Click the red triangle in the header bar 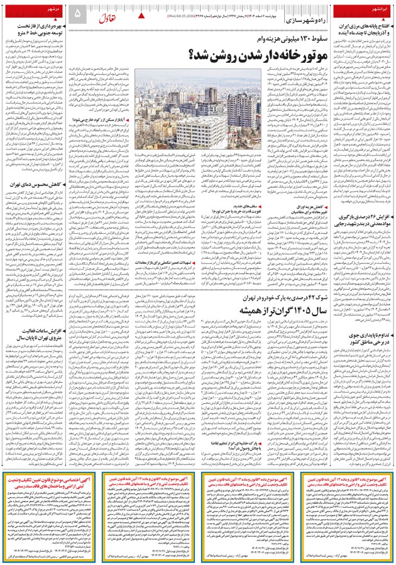(x=140, y=13)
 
